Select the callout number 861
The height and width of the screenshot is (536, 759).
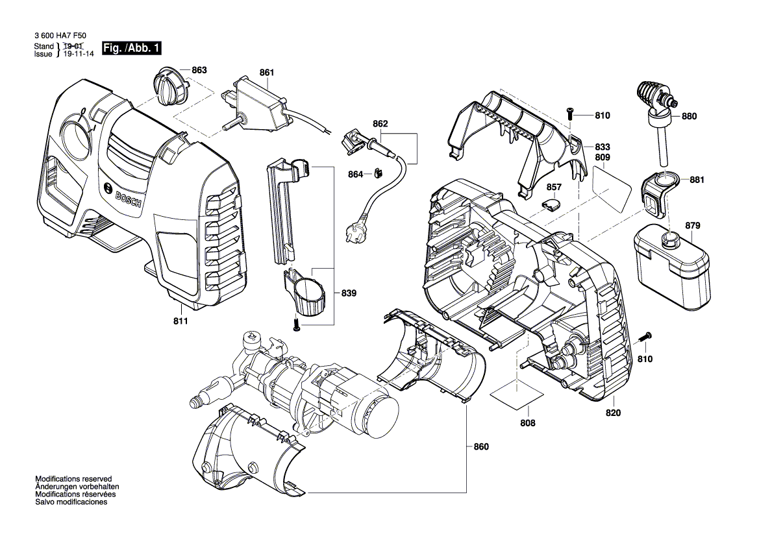267,73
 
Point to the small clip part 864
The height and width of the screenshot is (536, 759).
377,173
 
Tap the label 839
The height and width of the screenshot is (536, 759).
350,293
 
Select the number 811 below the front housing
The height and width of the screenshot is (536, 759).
180,321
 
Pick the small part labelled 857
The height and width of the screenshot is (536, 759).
551,204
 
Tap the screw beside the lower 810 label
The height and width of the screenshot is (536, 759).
645,337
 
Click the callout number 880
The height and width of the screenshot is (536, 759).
689,117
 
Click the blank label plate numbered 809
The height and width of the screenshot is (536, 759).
611,186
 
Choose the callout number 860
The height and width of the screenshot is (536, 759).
481,446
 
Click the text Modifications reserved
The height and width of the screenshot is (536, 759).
73,478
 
